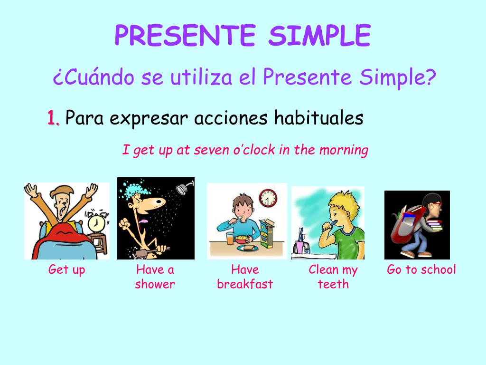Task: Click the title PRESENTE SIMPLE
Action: coord(243,36)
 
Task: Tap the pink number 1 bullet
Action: coord(53,117)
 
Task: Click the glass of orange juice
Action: coord(230,238)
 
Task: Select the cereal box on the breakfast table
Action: coord(267,233)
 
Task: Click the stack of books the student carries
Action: coord(433,228)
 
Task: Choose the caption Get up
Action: coord(66,270)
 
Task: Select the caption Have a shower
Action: coord(155,277)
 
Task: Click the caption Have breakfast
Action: coord(245,277)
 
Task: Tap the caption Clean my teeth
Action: coord(333,277)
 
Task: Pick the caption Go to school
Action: coord(421,270)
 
